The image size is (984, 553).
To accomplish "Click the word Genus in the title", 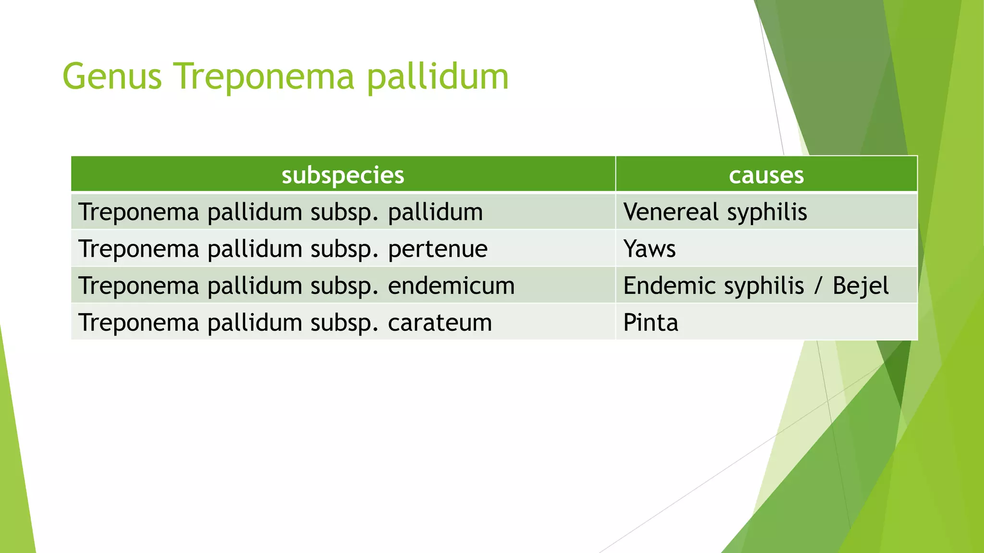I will (112, 77).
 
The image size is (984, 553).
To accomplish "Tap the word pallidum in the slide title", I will (438, 77).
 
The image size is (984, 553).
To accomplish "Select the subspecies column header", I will (343, 175).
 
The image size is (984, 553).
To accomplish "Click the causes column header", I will (766, 175).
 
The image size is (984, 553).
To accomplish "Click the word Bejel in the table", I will (861, 286).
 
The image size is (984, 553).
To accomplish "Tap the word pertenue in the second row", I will (437, 249).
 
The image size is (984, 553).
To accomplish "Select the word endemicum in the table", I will (451, 286).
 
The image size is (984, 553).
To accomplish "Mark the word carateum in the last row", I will (440, 323).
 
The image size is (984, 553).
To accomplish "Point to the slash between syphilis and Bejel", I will (818, 286).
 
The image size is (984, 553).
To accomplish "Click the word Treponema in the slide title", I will (264, 77).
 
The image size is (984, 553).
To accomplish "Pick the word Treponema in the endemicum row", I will (138, 286).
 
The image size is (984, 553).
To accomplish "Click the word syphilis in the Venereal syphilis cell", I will (767, 212).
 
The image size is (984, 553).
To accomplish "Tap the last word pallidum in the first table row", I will (435, 212).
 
